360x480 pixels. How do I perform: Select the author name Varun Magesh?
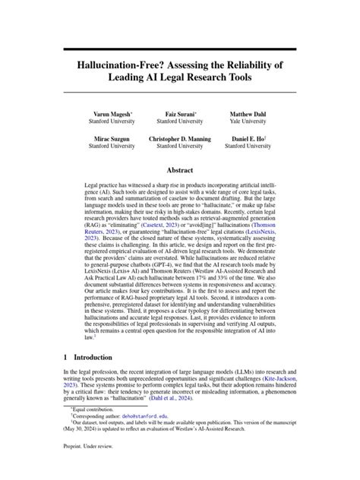(107, 114)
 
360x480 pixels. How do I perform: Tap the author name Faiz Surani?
(179, 114)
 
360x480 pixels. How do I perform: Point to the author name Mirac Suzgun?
(107, 140)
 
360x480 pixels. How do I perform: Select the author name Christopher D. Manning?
(179, 140)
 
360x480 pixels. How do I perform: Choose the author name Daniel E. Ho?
(250, 140)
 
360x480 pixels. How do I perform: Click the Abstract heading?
(179, 172)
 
